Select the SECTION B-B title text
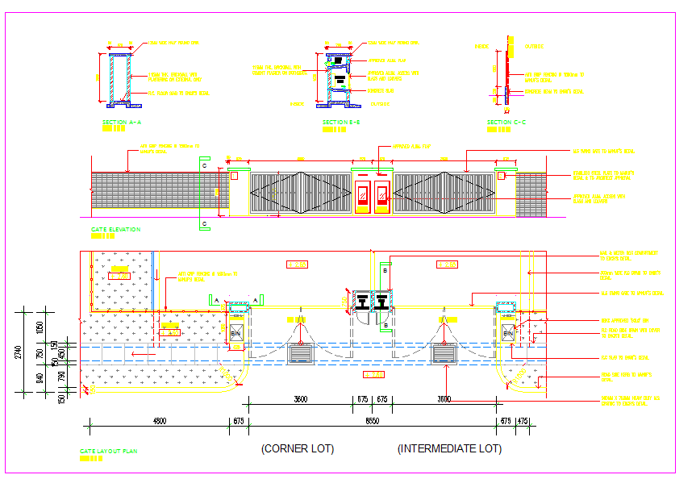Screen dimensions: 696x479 341,122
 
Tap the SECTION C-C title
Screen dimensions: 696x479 506,122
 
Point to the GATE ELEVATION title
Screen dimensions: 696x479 115,229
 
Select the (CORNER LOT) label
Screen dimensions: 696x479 298,448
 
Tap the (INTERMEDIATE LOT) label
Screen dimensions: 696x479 449,448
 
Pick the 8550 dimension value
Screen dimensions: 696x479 372,421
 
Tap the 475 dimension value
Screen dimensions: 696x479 523,421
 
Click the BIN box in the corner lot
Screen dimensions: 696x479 236,333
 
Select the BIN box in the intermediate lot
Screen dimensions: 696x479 507,333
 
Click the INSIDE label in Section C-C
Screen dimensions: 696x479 482,47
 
